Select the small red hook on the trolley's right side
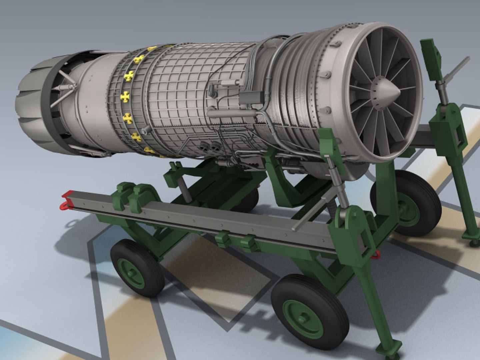point(376,255)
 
